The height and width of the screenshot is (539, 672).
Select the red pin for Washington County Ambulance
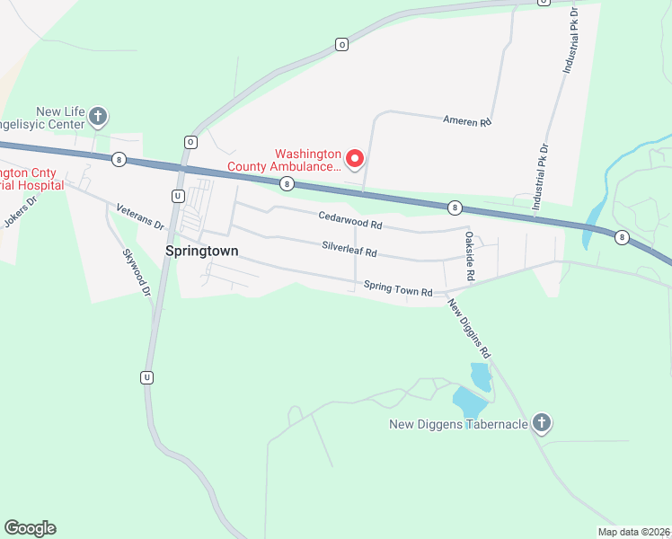point(354,159)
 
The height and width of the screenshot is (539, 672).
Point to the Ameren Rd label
point(468,120)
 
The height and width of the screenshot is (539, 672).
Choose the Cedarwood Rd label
point(350,217)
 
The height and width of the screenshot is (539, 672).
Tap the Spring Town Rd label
point(398,288)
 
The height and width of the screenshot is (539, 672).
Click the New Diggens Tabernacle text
point(458,424)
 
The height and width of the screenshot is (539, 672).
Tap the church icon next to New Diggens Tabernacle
point(541,422)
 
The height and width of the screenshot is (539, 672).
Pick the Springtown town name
point(202,252)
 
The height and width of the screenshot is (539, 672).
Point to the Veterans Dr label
point(140,216)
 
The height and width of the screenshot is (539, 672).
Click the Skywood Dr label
point(136,262)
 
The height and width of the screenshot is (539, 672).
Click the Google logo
point(30,528)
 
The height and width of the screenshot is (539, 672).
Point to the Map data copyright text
point(632,532)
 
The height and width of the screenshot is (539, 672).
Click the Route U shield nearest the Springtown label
point(178,196)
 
